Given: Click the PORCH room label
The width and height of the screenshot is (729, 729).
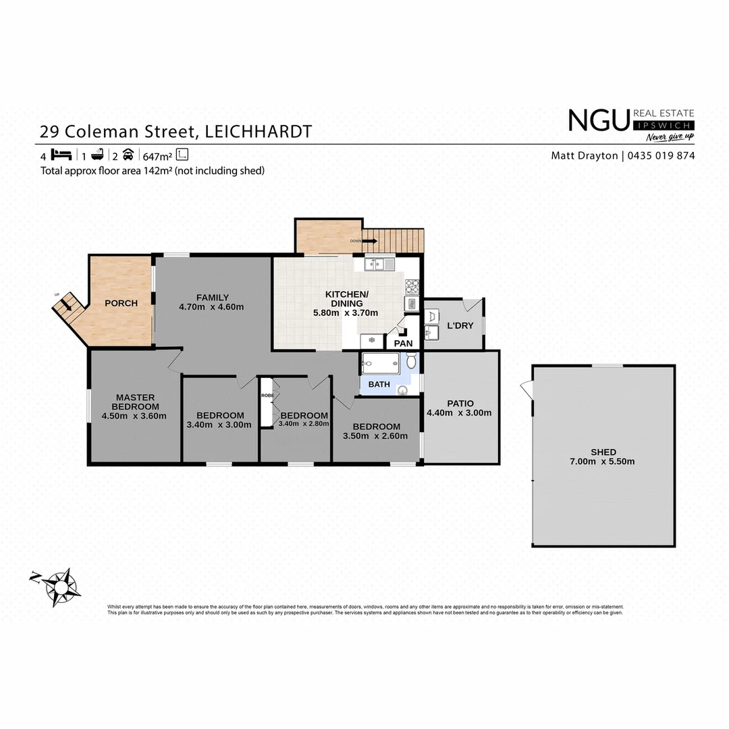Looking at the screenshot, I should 121,303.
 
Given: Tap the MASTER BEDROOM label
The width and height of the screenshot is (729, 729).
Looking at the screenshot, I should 135,406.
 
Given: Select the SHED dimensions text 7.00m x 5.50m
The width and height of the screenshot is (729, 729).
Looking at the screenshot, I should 603,462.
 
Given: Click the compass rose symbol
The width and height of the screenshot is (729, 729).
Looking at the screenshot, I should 63,585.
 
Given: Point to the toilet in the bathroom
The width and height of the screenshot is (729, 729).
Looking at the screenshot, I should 411,362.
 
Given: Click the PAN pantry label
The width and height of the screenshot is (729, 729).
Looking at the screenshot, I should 403,343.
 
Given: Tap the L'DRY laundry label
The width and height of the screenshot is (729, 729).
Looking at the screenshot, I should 460,326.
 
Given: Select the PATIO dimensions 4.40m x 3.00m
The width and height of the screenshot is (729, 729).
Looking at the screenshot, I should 459,413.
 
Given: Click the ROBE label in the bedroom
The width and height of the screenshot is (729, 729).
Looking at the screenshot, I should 268,396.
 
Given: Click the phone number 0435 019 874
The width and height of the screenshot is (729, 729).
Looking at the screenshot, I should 661,155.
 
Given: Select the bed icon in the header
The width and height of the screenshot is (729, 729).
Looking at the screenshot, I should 61,154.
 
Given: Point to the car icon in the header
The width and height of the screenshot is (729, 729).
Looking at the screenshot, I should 128,154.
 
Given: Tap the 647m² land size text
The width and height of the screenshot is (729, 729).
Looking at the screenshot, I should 157,155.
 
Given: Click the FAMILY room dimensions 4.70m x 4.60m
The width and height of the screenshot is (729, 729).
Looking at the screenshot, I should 211,307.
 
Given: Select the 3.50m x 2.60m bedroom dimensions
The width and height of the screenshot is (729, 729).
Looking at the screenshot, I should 376,435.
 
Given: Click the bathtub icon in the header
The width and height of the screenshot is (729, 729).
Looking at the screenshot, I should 96,154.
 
